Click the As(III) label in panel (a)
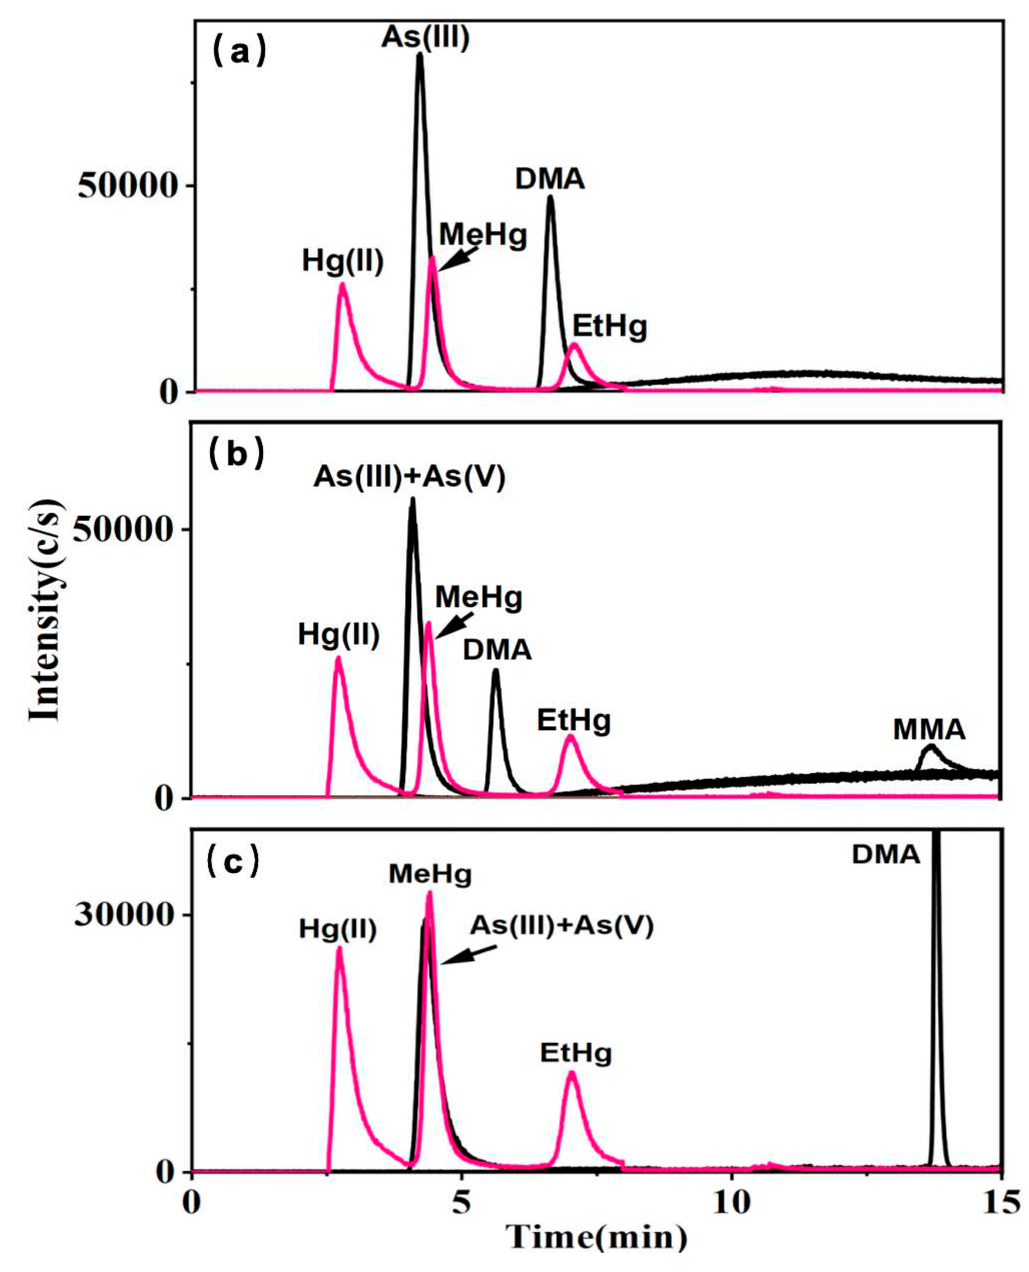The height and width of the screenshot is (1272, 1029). click(x=425, y=38)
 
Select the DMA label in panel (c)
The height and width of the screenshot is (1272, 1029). click(x=885, y=854)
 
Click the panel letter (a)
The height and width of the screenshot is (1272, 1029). click(x=239, y=53)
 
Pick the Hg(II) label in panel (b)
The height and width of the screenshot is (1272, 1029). click(x=338, y=634)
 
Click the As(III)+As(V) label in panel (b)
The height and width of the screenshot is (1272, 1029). click(x=410, y=476)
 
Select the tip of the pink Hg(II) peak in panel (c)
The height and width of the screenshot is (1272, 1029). click(x=339, y=948)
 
